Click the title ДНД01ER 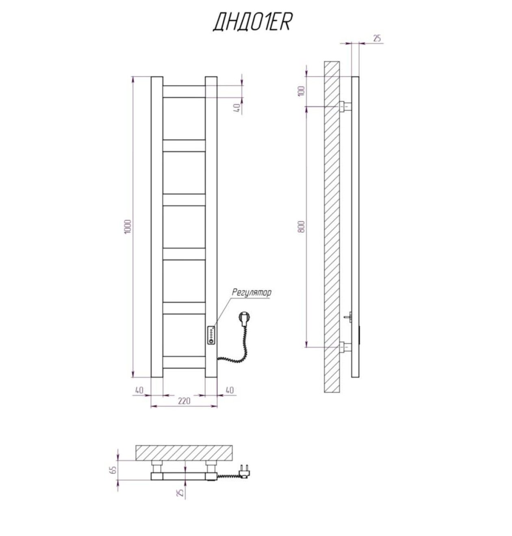[x=252, y=22]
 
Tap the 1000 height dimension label [x=128, y=226]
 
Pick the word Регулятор [x=252, y=292]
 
